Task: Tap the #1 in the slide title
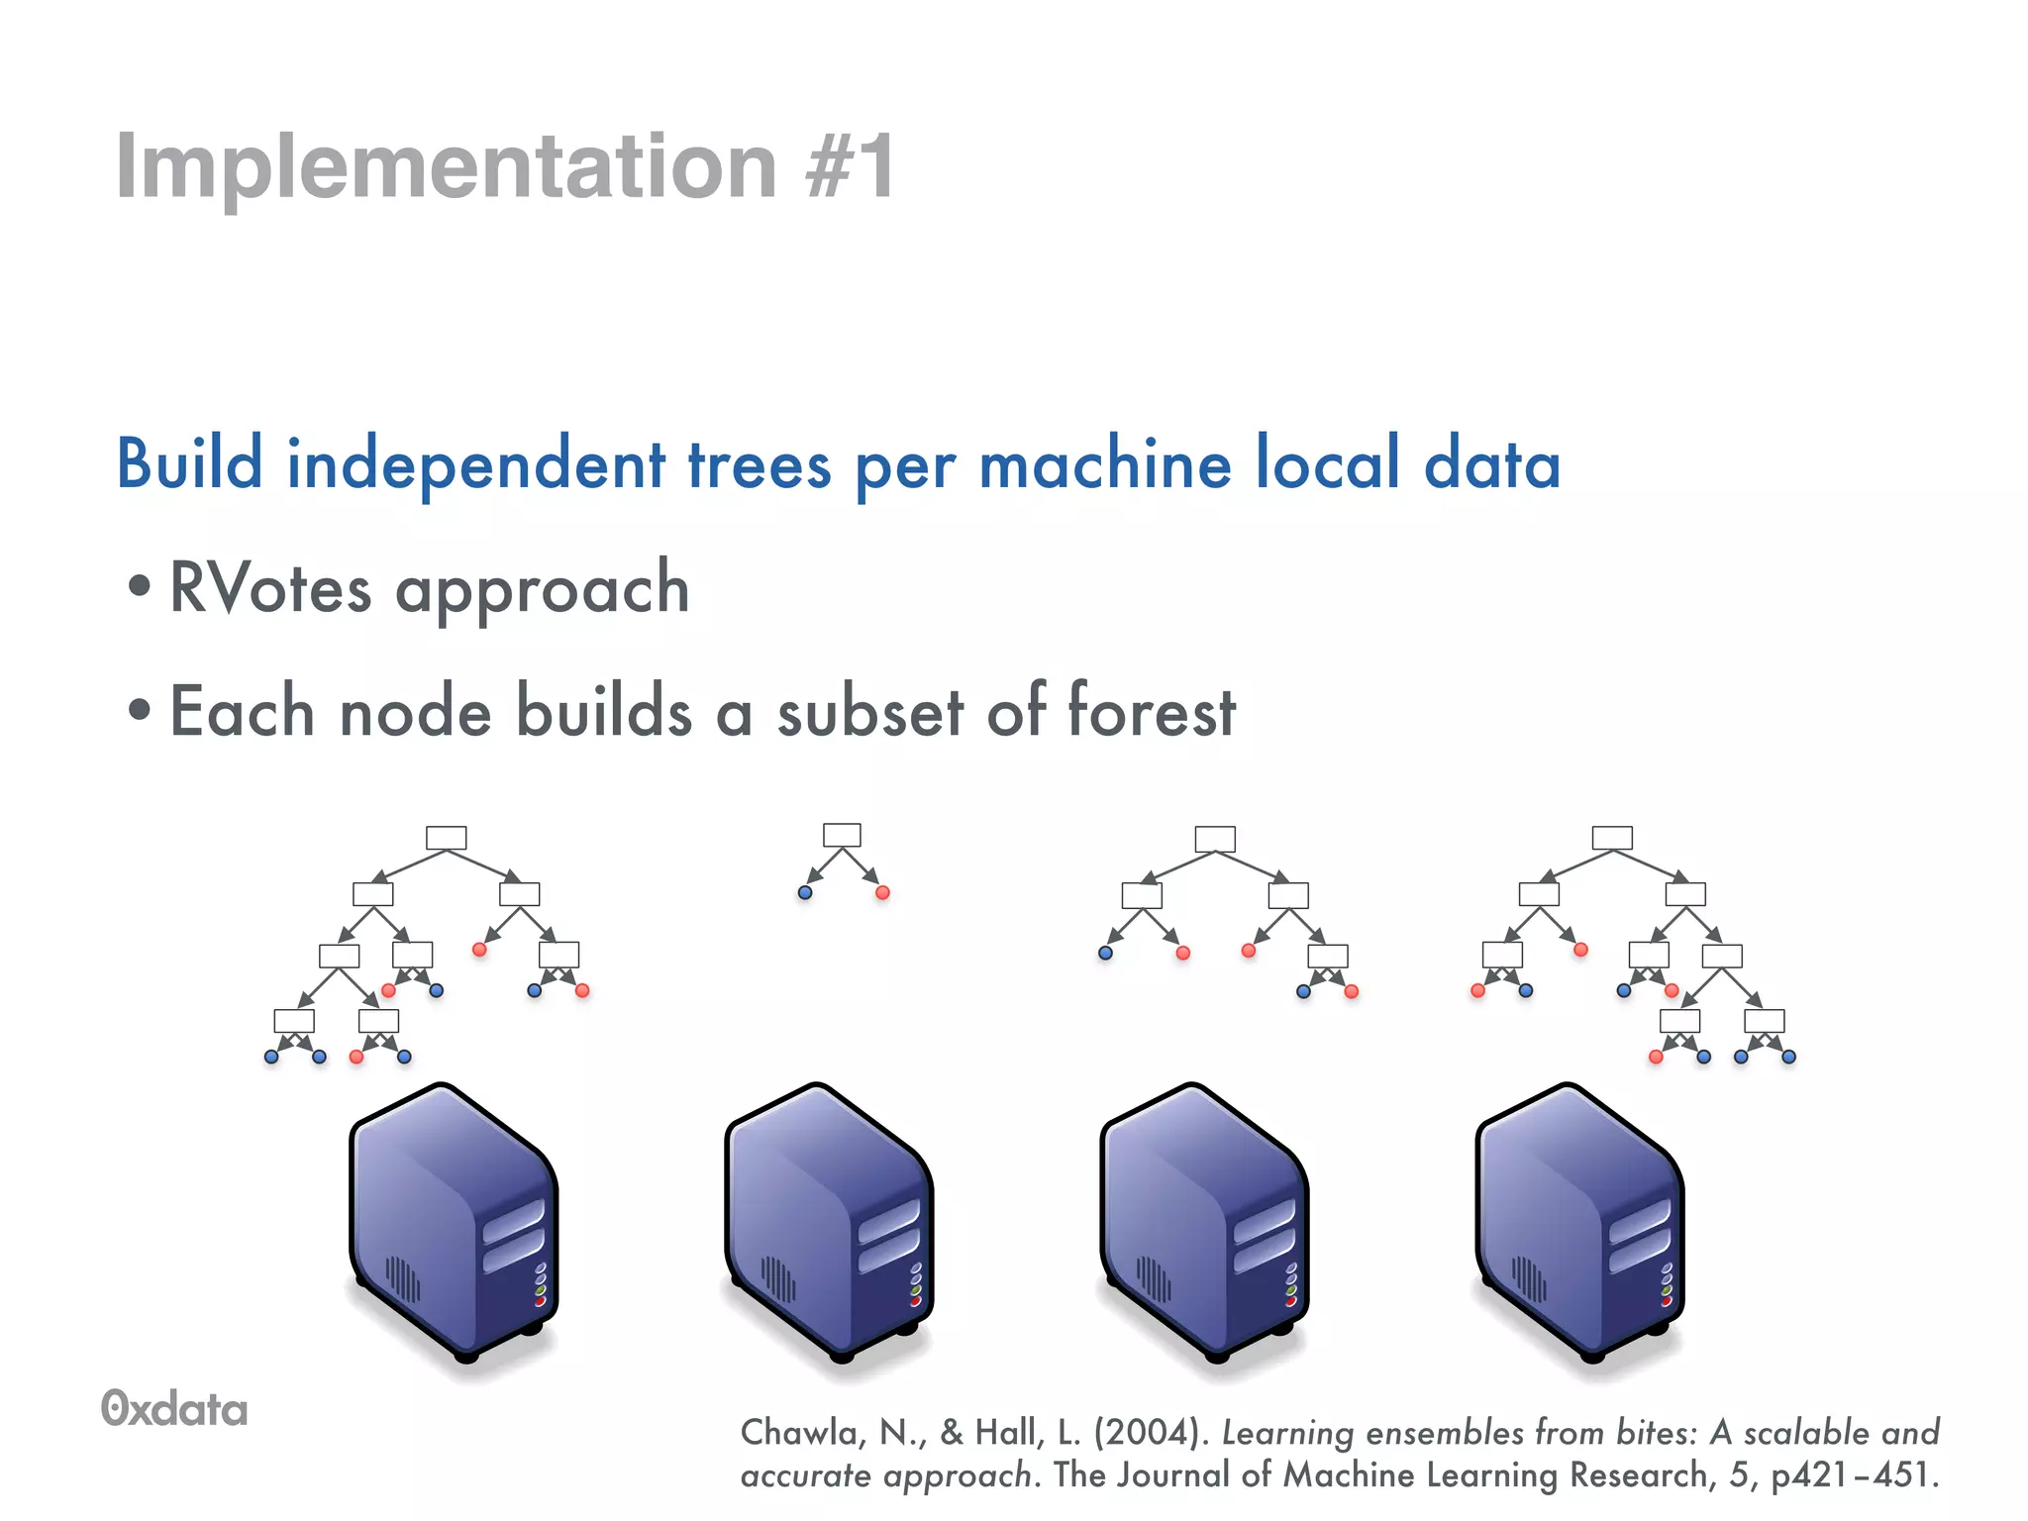(850, 166)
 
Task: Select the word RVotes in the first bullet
(270, 588)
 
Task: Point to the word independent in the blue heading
(475, 463)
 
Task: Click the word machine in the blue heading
(1104, 463)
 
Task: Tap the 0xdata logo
(174, 1409)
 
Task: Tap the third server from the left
(1204, 1223)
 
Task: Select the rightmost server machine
(1579, 1223)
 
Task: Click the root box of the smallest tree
(842, 835)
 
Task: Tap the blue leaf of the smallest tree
(805, 892)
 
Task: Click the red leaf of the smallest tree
(882, 892)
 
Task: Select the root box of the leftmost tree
(446, 838)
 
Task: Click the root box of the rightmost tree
(1612, 838)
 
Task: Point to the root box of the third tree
(1215, 839)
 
